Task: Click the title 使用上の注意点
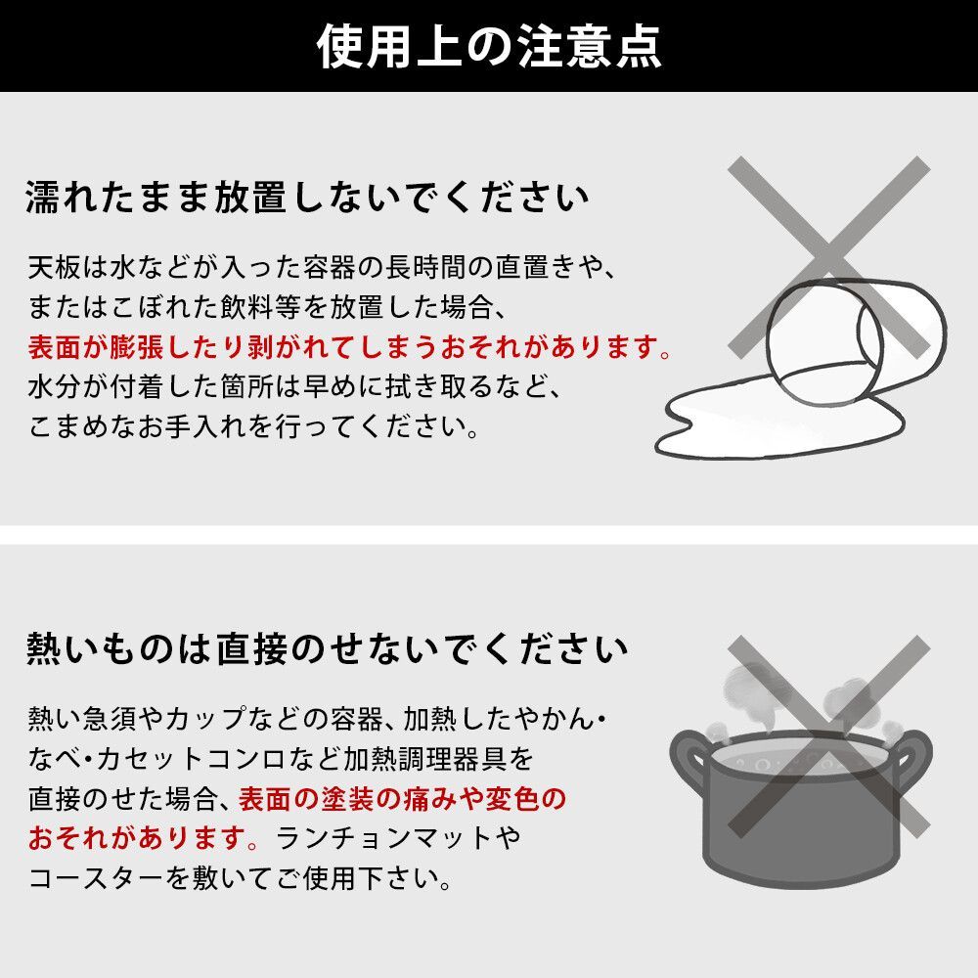pos(489,46)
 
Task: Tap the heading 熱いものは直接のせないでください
pos(327,648)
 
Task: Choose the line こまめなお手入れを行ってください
pos(254,428)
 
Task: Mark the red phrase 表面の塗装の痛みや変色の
pos(401,799)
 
